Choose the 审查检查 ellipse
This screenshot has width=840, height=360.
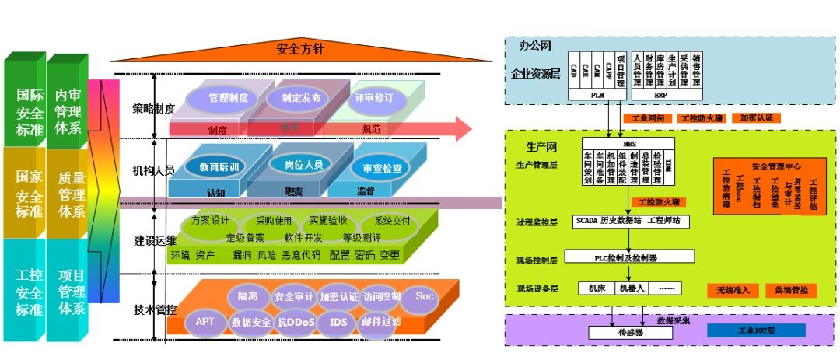[x=382, y=168]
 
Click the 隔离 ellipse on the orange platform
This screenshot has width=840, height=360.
[x=248, y=295]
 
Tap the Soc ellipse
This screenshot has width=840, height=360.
[x=425, y=296]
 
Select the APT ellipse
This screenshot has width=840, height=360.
[x=205, y=320]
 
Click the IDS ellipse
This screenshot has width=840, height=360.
[x=338, y=320]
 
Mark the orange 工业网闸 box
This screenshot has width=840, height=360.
[x=647, y=118]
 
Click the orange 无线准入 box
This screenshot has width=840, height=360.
[x=733, y=290]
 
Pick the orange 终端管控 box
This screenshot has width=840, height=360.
[x=791, y=290]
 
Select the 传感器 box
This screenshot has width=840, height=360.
[x=628, y=333]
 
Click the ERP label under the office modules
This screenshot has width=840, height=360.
[x=660, y=96]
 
